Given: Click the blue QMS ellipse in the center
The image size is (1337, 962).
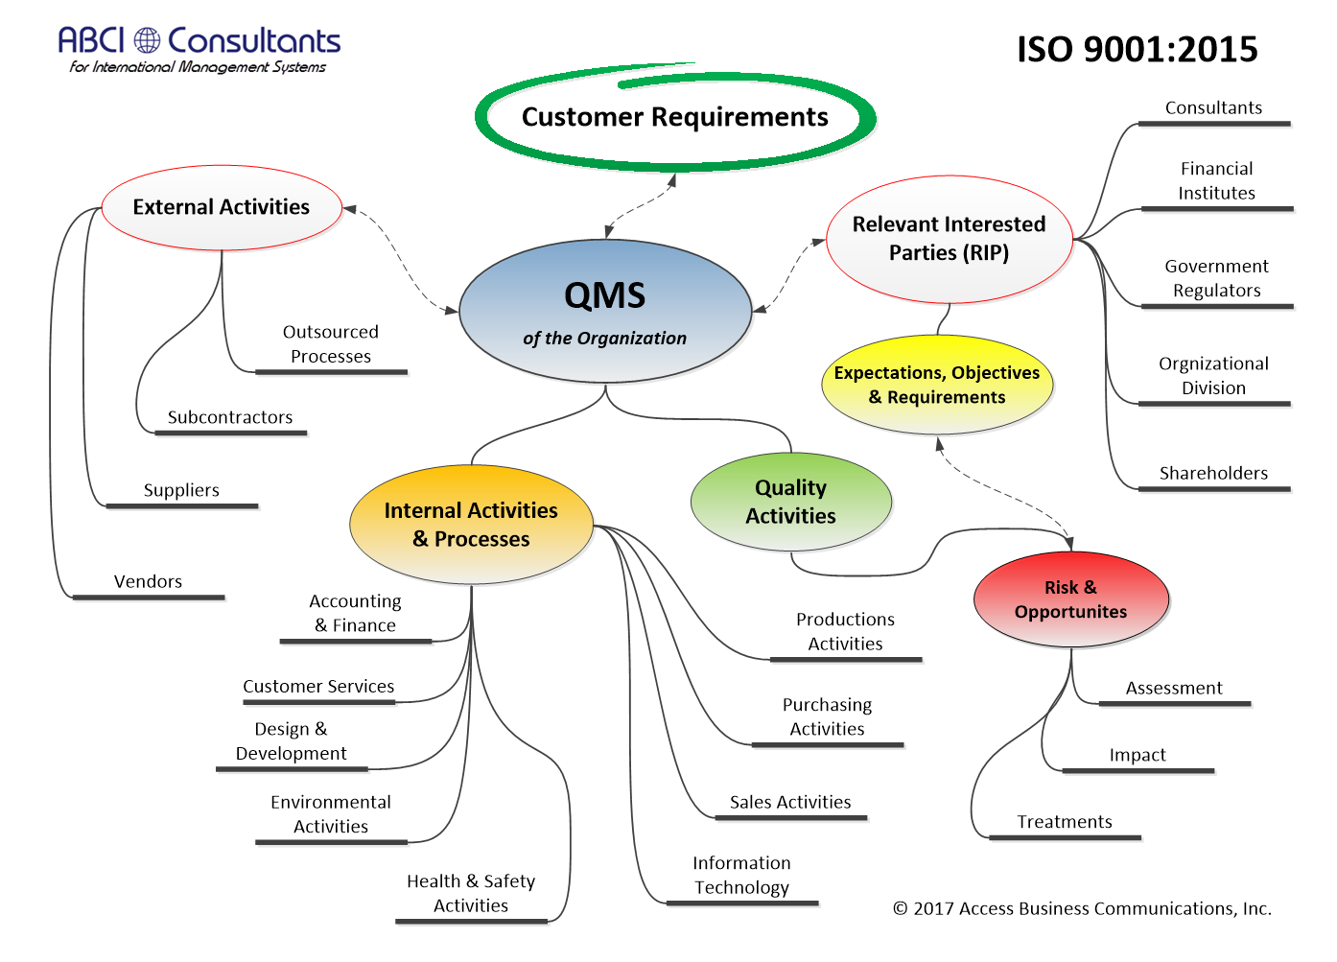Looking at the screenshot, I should (605, 311).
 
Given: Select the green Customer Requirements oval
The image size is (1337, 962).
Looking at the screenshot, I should (674, 117).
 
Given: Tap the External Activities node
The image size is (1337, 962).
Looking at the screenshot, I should (222, 207).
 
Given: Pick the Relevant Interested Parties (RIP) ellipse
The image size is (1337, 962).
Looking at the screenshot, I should (949, 239).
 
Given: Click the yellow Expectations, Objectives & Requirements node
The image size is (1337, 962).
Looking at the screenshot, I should (937, 385).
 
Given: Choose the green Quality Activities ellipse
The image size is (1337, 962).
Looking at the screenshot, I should (790, 502).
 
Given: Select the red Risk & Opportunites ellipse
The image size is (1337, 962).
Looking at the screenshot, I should (1070, 599).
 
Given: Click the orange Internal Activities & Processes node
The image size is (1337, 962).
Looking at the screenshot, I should (471, 525).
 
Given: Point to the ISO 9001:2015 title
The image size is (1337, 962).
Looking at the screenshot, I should (1137, 49).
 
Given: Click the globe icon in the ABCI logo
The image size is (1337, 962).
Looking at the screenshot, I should (147, 40).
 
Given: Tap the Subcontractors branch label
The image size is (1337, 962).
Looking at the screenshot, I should (230, 417).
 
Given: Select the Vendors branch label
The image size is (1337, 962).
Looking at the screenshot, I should (148, 581).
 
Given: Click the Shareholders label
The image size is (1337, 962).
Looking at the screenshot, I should (1213, 473).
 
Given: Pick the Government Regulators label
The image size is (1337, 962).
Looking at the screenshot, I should (1216, 278).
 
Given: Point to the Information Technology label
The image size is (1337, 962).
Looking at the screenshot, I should (741, 875).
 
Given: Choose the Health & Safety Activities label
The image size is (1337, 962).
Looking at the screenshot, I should (471, 893).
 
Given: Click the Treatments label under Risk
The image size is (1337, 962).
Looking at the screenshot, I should (1065, 822).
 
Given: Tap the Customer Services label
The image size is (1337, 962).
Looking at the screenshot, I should (318, 687).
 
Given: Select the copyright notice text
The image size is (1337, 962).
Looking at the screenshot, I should (1082, 908).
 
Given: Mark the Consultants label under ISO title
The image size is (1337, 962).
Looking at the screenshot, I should (1213, 107).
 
